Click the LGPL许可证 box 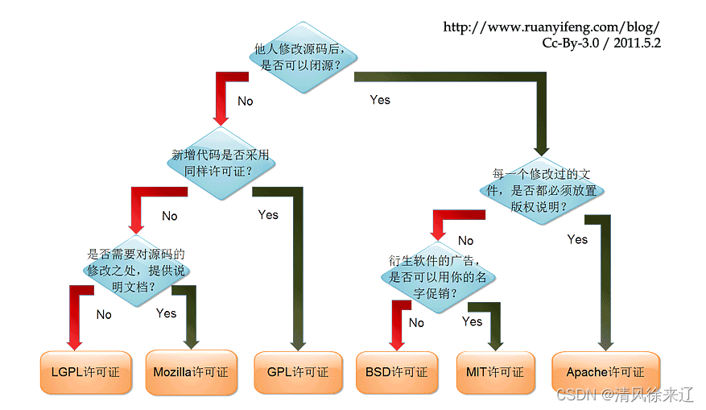[x=85, y=372]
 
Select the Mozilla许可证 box [x=191, y=372]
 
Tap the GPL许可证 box [x=298, y=372]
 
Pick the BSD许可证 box [x=396, y=372]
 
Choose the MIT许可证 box [x=495, y=372]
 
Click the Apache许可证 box [x=605, y=372]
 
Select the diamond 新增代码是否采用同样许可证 [x=220, y=162]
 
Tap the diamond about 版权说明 [x=543, y=189]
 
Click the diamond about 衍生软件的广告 [x=439, y=276]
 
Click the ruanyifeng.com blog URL [x=551, y=27]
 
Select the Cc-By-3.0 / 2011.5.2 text [x=601, y=43]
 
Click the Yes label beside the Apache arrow [x=577, y=239]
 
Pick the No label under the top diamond [x=245, y=101]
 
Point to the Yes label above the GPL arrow [x=268, y=214]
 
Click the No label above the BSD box [x=416, y=323]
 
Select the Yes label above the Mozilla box [x=166, y=313]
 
